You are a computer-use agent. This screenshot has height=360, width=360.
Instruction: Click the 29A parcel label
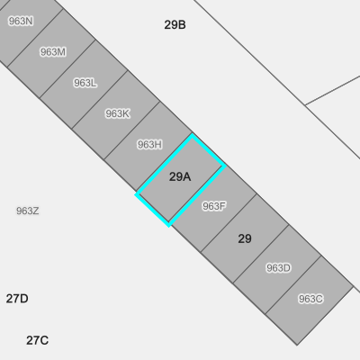tap(180, 176)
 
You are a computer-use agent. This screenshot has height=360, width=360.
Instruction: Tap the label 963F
tap(214, 206)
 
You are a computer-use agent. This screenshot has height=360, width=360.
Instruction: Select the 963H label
tap(149, 145)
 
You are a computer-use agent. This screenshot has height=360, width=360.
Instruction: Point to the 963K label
tap(117, 113)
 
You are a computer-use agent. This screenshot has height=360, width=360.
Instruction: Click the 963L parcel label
tap(85, 83)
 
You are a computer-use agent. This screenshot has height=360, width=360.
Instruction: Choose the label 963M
tap(53, 52)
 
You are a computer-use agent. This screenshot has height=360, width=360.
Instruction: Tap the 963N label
tap(21, 21)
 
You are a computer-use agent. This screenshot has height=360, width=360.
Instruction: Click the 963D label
tap(278, 268)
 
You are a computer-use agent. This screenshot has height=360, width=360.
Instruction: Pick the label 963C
tap(310, 299)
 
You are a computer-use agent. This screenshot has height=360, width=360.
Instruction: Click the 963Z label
tap(28, 211)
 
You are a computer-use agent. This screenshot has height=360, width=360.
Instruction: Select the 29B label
tap(175, 24)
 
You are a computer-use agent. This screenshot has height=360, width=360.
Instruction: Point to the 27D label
tap(17, 299)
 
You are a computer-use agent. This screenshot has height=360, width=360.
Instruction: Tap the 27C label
tap(37, 340)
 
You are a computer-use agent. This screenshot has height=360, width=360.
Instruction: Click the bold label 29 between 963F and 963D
tap(245, 238)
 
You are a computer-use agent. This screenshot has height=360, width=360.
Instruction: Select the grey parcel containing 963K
tap(115, 115)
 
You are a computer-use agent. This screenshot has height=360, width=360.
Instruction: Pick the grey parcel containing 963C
tap(310, 301)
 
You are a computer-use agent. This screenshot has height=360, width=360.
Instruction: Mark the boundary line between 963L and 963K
tap(100, 100)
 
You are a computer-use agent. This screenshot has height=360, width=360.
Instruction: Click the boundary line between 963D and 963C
tap(293, 285)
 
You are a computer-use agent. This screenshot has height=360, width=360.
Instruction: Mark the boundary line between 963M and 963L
tap(67, 68)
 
